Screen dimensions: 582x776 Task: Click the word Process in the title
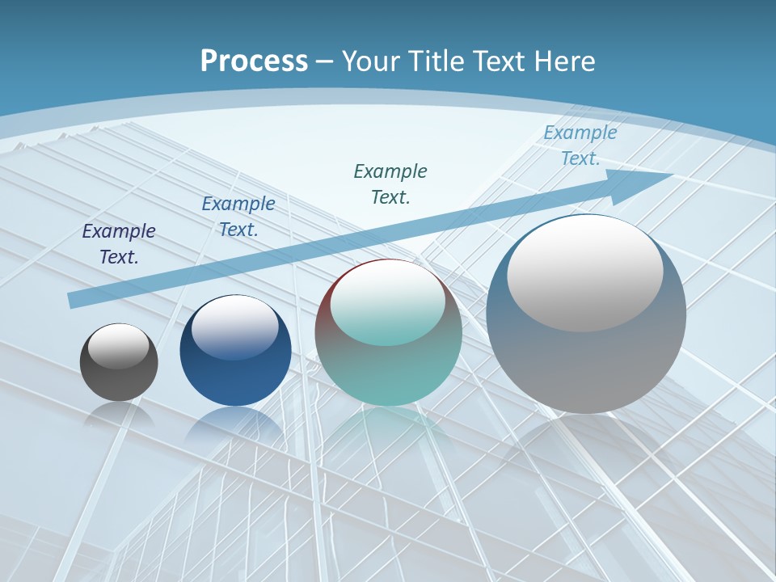click(x=254, y=61)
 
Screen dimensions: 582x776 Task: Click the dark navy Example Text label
click(x=119, y=244)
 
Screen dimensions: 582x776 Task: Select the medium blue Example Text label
click(x=238, y=217)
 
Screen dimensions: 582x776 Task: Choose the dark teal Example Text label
click(x=390, y=183)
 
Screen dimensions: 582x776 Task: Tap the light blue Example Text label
click(x=580, y=145)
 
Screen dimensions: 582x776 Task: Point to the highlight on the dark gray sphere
click(x=119, y=346)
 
